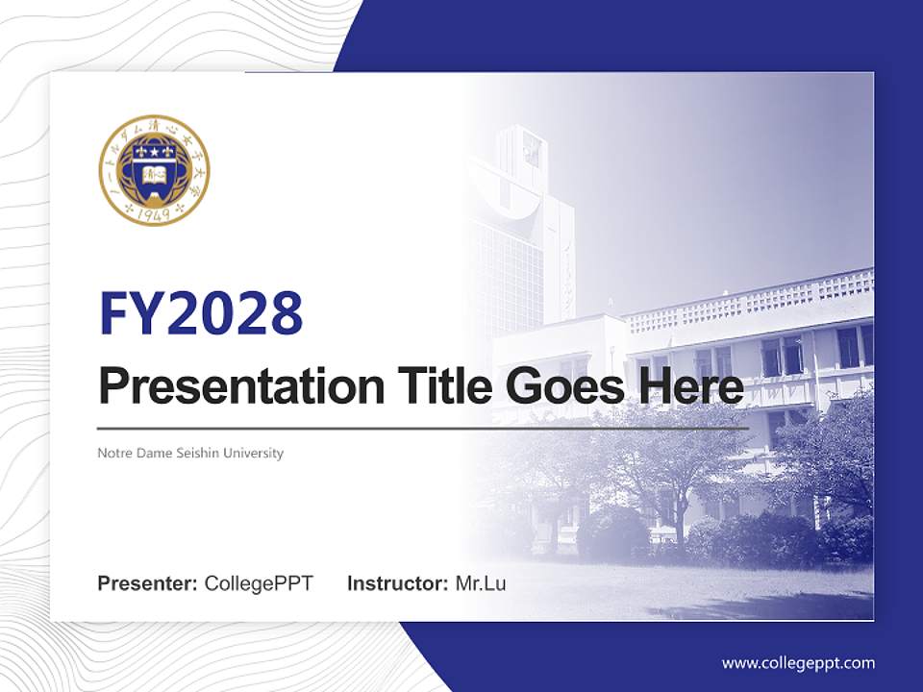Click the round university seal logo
tap(154, 170)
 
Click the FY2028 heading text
tap(201, 313)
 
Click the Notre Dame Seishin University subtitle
tap(190, 453)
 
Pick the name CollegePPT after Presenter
tap(259, 583)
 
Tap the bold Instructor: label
tap(398, 583)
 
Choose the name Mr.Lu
tap(481, 583)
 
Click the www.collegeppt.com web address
tap(798, 663)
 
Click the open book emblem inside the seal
tap(154, 176)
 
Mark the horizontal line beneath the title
tap(423, 429)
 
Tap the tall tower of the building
tap(524, 221)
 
